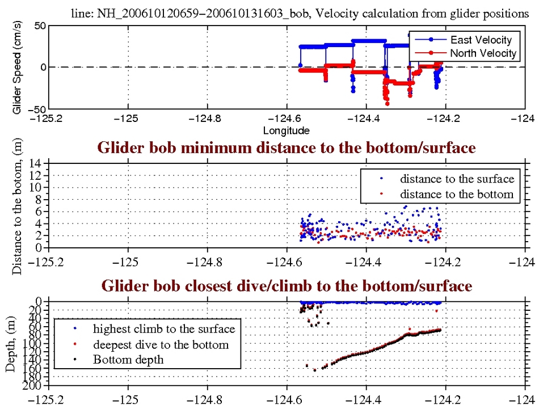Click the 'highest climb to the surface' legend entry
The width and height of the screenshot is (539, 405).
(164, 328)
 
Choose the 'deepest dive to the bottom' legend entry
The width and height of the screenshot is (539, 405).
(161, 344)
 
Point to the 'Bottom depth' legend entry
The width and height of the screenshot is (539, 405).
(128, 359)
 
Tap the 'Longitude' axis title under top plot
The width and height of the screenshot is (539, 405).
(286, 131)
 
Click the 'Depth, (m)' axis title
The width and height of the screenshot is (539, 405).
(11, 344)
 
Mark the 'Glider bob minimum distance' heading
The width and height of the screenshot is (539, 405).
(286, 148)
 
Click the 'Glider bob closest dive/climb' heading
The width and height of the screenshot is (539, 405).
(286, 286)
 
